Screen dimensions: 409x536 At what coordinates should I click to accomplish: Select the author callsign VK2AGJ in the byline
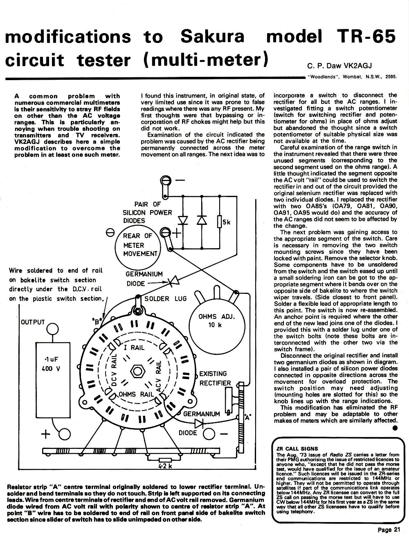[358, 66]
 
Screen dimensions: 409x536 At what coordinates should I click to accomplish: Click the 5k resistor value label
[227, 222]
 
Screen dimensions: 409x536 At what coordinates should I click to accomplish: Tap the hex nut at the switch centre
[138, 372]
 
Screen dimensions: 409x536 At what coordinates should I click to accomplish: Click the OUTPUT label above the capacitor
[33, 322]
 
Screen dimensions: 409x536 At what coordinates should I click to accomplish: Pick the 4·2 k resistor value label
[165, 466]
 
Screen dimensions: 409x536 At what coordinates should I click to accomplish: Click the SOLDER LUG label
[166, 298]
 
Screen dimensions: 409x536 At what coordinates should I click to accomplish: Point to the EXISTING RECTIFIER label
[215, 378]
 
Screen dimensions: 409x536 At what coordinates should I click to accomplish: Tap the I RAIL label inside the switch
[134, 347]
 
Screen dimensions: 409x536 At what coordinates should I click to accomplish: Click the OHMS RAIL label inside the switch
[136, 394]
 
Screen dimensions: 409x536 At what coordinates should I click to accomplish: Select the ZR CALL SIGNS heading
[297, 449]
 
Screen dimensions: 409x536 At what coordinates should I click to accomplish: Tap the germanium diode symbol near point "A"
[199, 423]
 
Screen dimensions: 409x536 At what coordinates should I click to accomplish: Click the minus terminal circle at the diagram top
[164, 181]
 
